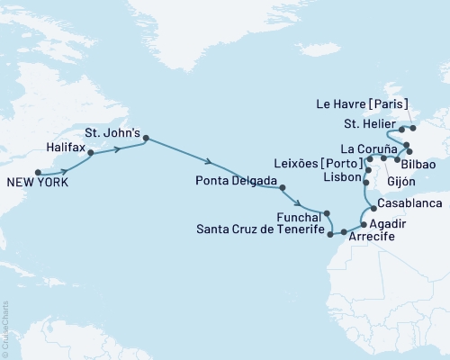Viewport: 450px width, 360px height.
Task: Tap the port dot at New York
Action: (38, 172)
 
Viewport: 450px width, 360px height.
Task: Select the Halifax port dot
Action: (91, 154)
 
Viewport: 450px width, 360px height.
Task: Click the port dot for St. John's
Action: (146, 139)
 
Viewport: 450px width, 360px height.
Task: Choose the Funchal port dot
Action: (320, 213)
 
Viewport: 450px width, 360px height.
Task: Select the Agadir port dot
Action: (363, 223)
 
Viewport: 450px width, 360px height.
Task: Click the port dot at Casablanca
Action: (372, 208)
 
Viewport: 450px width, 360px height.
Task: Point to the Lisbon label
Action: (340, 178)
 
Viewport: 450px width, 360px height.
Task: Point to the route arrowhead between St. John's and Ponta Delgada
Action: (210, 163)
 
